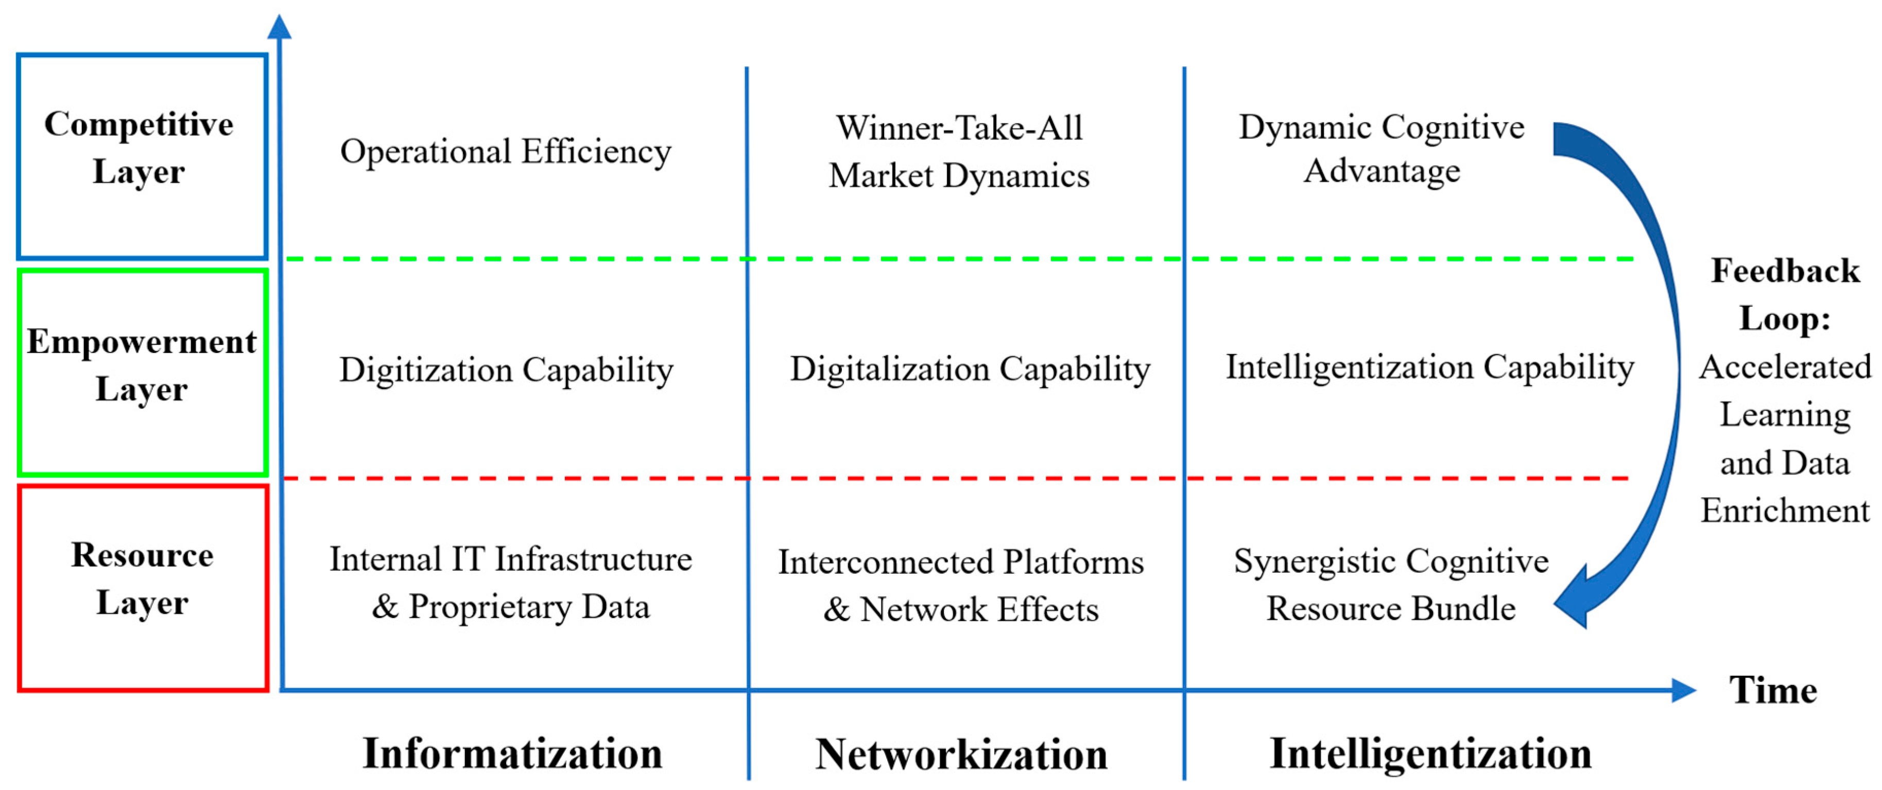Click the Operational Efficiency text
(x=506, y=152)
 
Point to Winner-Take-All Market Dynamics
(x=959, y=152)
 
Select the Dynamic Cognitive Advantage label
(x=1382, y=149)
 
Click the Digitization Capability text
(x=506, y=370)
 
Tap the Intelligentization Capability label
(x=1429, y=367)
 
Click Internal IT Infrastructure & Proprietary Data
(x=510, y=584)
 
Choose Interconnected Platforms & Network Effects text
(x=961, y=586)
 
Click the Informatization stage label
(x=512, y=753)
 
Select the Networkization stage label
(x=961, y=754)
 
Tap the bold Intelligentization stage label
(x=1430, y=753)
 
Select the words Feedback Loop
(x=1785, y=295)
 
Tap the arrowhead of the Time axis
(x=1683, y=690)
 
